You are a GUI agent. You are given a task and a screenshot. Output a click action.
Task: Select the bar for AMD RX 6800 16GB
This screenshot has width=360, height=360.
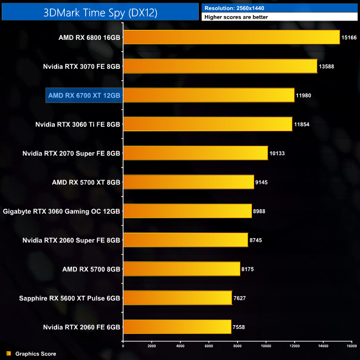point(231,38)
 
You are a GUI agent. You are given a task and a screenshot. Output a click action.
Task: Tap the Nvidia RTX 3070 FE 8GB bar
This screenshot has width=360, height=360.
point(220,66)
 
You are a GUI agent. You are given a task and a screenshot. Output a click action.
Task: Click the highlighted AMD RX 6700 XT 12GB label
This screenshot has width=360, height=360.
point(84,95)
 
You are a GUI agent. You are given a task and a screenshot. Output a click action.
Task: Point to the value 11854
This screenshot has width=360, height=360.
point(302,124)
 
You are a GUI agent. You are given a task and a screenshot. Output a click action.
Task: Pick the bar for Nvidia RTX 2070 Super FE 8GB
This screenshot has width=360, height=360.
point(195,153)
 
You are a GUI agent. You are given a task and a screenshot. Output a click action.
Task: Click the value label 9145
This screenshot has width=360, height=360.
point(263,182)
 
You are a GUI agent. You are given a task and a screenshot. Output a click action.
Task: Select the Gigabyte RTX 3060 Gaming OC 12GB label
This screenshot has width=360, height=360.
point(61,211)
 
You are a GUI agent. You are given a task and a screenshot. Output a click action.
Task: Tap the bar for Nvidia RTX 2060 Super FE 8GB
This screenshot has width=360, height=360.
point(185,240)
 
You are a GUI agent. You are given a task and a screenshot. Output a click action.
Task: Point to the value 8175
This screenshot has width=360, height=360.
point(249,269)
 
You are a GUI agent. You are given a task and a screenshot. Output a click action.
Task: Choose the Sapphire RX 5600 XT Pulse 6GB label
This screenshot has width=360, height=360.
point(69,297)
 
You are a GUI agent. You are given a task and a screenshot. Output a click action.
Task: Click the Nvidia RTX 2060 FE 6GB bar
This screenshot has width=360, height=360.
point(177,326)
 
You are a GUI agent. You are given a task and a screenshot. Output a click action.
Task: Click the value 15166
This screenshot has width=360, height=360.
point(350,38)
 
